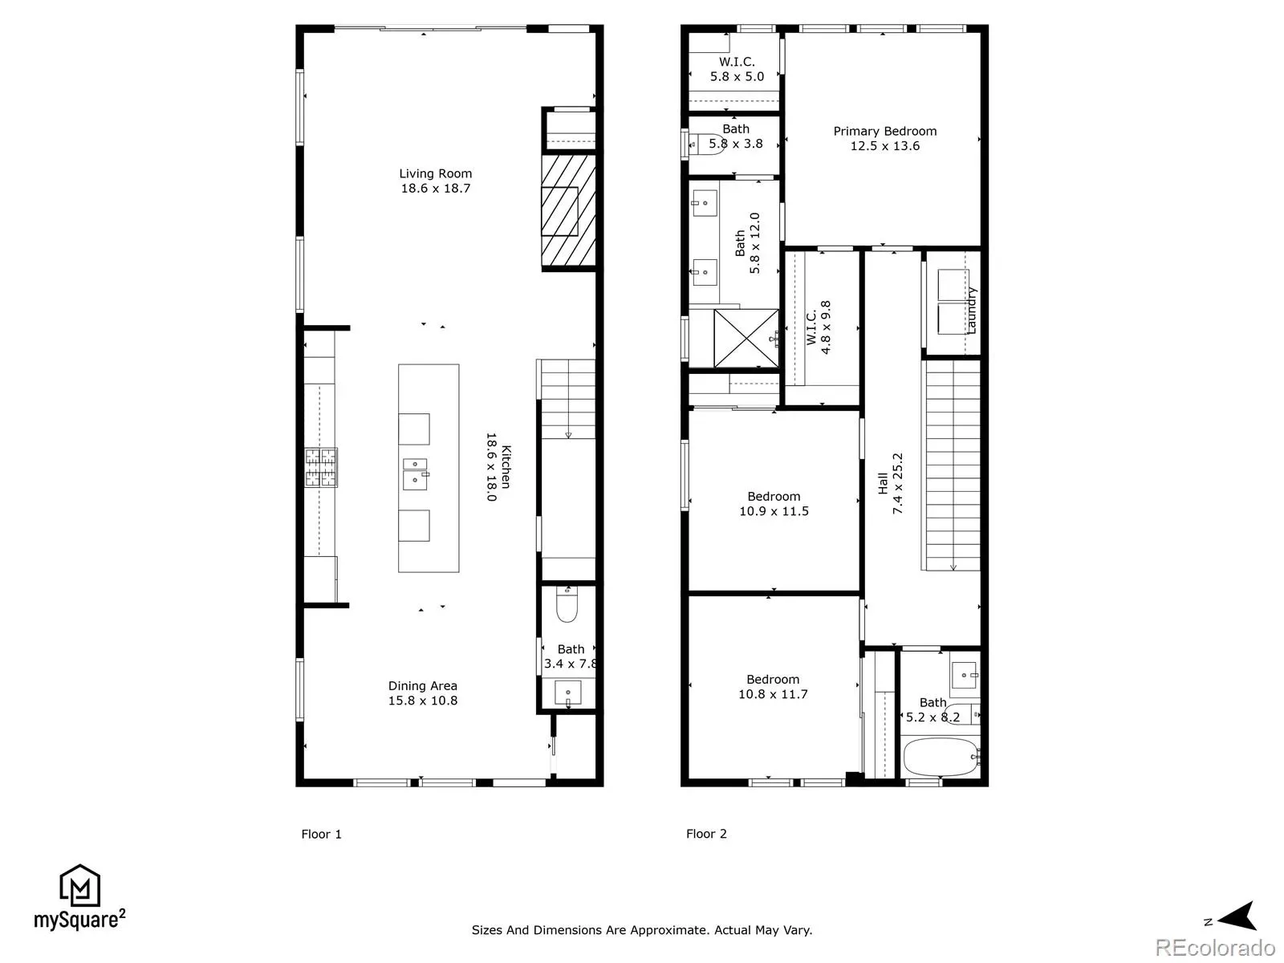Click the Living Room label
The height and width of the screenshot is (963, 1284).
coord(435,181)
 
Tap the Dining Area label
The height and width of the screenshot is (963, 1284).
coord(422,693)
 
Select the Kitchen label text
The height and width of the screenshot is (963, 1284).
coord(499,466)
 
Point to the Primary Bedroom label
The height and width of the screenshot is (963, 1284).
coord(884,139)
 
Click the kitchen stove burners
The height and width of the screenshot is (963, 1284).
coord(320,467)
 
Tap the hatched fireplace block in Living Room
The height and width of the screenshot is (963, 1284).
coord(568,210)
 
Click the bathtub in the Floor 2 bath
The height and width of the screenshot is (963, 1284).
coord(941,758)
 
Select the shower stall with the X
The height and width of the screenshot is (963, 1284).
coord(746,339)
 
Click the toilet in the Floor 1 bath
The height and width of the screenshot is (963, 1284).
coord(567,604)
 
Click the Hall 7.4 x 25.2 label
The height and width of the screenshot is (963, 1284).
coord(890,484)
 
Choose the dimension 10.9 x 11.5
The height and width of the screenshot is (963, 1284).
coord(774,511)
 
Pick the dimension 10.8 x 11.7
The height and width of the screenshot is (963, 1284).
coord(773,694)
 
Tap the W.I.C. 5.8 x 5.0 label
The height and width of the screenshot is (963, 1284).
coord(737,69)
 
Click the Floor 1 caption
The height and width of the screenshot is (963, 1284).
coord(321,835)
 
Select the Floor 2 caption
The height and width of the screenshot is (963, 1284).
coord(706,834)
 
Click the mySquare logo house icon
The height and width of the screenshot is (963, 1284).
coord(80,885)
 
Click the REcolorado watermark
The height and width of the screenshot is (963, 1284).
coord(1215,947)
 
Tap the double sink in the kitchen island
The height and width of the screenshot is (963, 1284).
coord(416,473)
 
